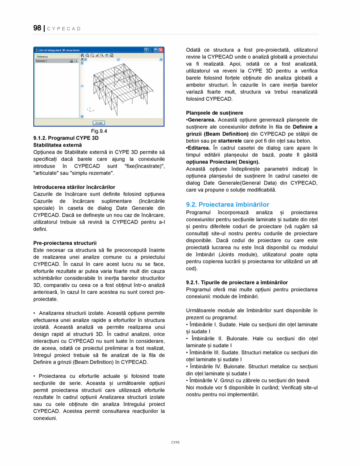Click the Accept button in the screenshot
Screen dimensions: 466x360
point(99,123)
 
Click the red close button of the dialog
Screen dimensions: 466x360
point(161,50)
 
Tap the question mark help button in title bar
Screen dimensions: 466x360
point(146,50)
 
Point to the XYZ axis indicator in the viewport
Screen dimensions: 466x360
point(89,110)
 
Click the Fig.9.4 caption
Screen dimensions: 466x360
point(99,131)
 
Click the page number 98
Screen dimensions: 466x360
point(37,28)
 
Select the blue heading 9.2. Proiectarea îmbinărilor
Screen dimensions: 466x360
point(228,204)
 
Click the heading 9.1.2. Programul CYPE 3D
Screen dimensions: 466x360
point(66,138)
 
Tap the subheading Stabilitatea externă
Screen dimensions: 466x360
point(58,145)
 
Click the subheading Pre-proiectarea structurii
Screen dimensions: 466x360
point(65,243)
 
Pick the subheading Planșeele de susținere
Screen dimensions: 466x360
point(214,113)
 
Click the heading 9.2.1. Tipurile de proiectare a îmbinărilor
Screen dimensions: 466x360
point(237,282)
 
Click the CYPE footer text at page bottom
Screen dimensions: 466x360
point(175,442)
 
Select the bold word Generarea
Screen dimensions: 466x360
point(201,120)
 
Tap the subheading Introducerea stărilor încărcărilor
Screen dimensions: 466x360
point(74,187)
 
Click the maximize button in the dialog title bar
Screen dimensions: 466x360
point(156,50)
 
